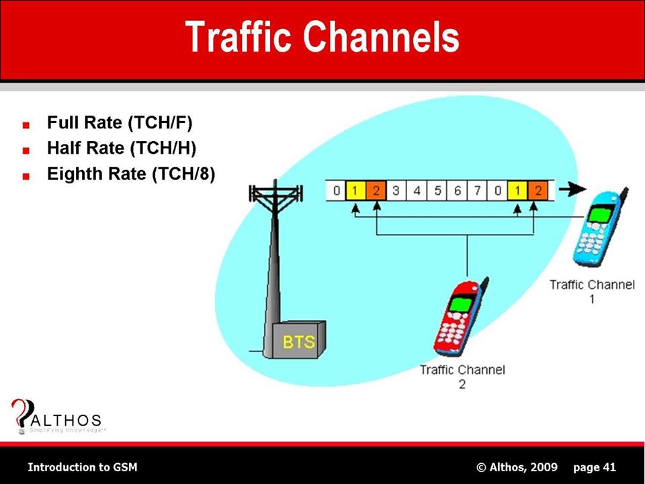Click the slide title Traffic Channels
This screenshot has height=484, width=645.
(x=322, y=37)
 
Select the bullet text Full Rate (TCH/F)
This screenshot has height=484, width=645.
(x=120, y=124)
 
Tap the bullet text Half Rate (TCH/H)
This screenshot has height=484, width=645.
(x=121, y=149)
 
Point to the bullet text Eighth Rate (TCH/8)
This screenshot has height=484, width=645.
(x=130, y=174)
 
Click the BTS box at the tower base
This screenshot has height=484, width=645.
(x=298, y=341)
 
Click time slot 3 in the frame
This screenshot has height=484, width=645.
(x=396, y=191)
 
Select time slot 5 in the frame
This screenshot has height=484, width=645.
(x=437, y=191)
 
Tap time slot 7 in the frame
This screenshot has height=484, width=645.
(x=477, y=191)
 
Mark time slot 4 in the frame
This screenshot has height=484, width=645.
(x=417, y=191)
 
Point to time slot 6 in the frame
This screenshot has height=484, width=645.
(x=458, y=191)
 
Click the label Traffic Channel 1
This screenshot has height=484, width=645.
(x=592, y=291)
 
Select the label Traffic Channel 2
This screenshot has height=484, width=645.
(x=462, y=376)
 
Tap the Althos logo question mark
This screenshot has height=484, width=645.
(x=21, y=412)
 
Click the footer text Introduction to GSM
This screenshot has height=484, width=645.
(x=83, y=467)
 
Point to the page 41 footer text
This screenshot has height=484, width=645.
(x=595, y=467)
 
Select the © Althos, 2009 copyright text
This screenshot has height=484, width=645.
(x=517, y=467)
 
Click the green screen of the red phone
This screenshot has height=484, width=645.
(x=460, y=304)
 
